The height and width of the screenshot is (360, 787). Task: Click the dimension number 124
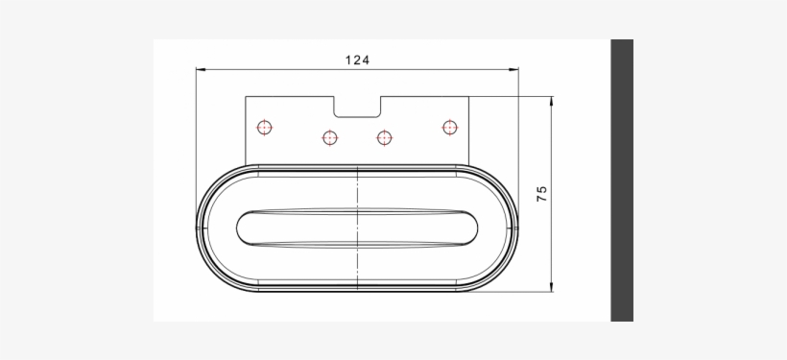(x=357, y=60)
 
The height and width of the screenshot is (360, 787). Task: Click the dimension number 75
(x=541, y=193)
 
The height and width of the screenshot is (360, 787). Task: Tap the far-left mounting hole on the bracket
(x=264, y=126)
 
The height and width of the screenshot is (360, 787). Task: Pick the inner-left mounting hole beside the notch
(x=329, y=137)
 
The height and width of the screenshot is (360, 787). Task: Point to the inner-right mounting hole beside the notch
(x=384, y=137)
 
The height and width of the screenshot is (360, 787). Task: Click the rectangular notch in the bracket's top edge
(x=357, y=104)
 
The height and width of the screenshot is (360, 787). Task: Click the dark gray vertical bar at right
(x=622, y=180)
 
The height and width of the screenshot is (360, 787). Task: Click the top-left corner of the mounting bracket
(x=247, y=96)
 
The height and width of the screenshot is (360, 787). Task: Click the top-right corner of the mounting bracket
(x=468, y=96)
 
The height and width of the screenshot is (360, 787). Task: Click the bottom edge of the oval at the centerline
(x=357, y=291)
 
